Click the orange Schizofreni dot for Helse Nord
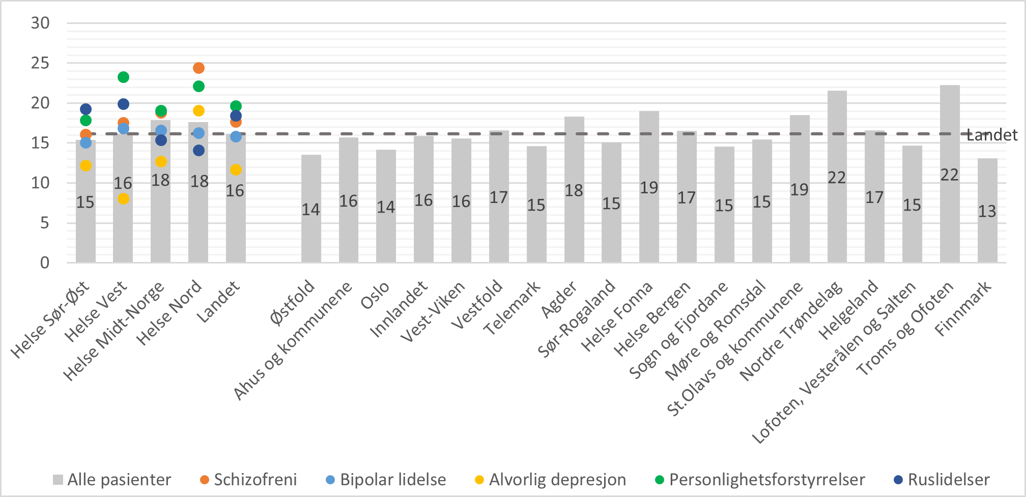click(x=198, y=68)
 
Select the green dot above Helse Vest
click(x=123, y=77)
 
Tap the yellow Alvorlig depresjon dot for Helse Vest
click(x=123, y=198)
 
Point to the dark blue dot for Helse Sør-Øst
click(x=85, y=109)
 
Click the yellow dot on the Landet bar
click(x=236, y=169)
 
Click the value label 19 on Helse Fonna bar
click(x=649, y=188)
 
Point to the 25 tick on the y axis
click(x=41, y=63)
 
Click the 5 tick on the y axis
click(x=45, y=223)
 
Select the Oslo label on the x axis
click(x=376, y=296)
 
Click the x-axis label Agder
click(x=559, y=300)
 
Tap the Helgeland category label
click(x=849, y=310)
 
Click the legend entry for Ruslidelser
click(x=942, y=480)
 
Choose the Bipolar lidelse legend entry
click(x=386, y=480)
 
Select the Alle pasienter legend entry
click(x=112, y=480)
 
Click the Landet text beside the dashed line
click(x=992, y=135)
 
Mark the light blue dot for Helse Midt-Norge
click(x=161, y=131)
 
